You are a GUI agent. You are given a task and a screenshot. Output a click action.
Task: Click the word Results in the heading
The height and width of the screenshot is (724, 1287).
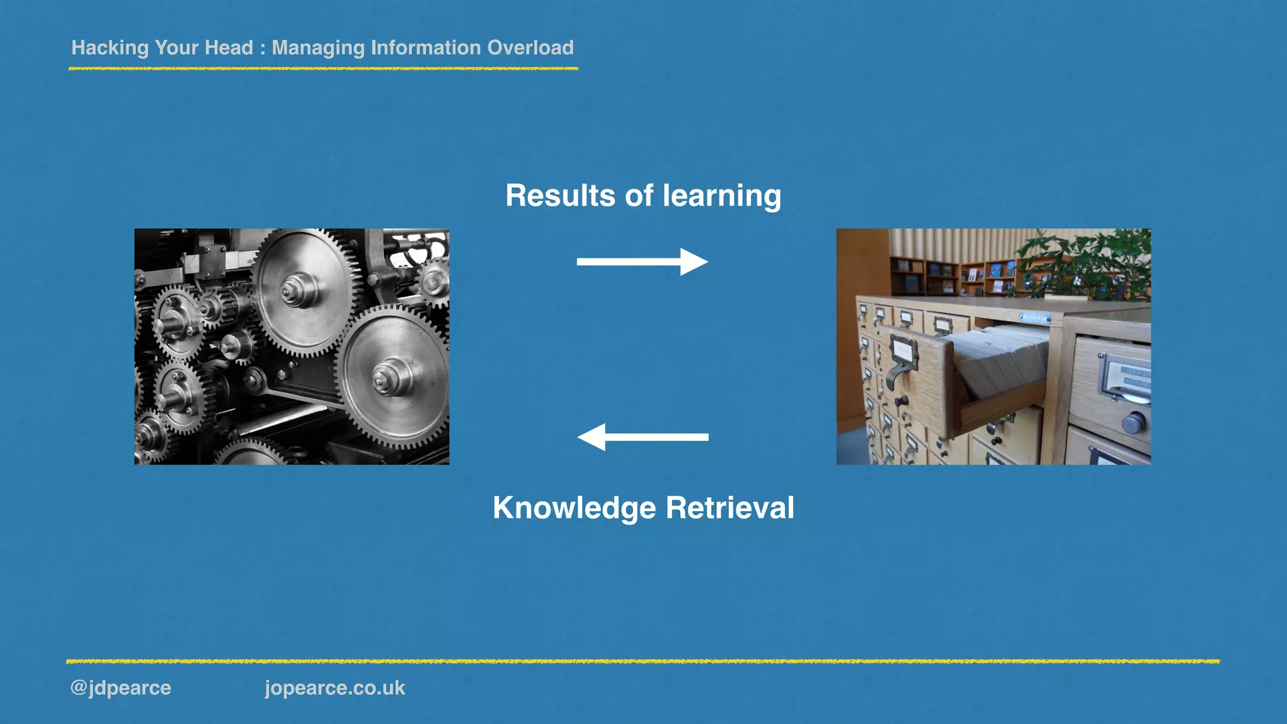click(x=560, y=195)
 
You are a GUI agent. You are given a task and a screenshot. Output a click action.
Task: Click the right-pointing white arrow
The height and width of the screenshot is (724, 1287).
click(x=642, y=262)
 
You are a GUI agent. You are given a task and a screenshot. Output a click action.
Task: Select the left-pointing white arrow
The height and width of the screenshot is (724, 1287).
click(x=642, y=437)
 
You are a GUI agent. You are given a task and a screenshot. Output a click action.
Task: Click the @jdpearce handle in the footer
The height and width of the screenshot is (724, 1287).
click(x=121, y=688)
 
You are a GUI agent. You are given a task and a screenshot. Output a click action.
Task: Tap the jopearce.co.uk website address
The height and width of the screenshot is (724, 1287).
click(x=334, y=688)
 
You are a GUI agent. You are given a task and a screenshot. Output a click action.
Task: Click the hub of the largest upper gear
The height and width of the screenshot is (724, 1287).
click(x=293, y=291)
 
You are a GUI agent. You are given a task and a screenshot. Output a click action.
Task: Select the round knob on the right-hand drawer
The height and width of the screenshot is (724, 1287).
click(x=1133, y=422)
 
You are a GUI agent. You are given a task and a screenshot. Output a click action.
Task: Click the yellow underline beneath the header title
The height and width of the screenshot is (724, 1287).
click(x=323, y=69)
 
